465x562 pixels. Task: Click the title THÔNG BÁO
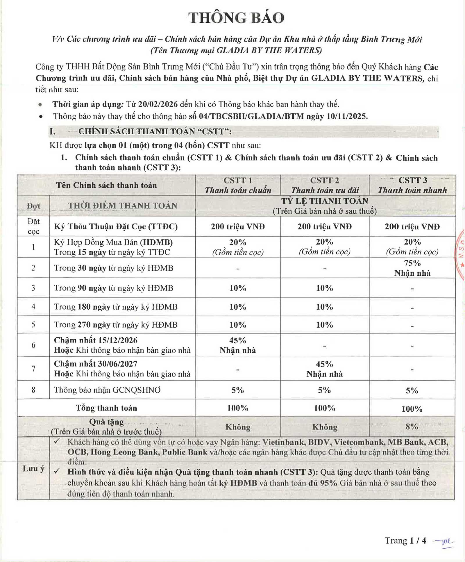236,18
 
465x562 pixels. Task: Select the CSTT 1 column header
238,185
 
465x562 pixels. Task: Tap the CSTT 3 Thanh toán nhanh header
412,185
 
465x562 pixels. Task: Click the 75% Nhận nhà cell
412,268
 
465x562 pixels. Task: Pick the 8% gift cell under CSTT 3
412,427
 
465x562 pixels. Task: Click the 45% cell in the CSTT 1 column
238,345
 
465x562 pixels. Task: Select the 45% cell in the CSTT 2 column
324,369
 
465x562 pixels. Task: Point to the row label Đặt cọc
33,226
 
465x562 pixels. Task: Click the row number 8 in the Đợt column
33,390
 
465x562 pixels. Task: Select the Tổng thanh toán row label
106,408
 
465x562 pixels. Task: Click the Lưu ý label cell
33,468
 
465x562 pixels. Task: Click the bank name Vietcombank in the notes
359,442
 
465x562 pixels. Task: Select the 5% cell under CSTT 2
324,390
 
